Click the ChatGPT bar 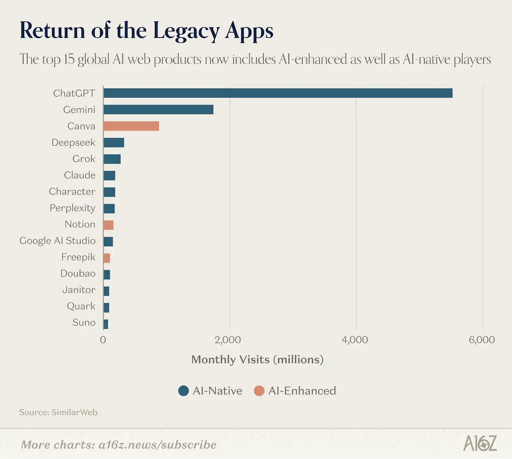point(278,93)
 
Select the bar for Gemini point(158,110)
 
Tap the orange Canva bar point(131,126)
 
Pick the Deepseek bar point(114,142)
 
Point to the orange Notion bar point(108,225)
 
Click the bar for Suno point(106,324)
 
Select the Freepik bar point(107,258)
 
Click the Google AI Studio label point(57,241)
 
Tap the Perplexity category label point(72,208)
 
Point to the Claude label point(80,175)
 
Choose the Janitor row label point(79,290)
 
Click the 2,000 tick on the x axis point(228,340)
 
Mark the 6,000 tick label point(482,340)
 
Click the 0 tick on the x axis point(103,340)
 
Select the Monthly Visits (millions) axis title point(257,359)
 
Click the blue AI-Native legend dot point(183,391)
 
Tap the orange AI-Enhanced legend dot point(259,391)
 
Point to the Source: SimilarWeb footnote point(58,412)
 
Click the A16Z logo point(480,444)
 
